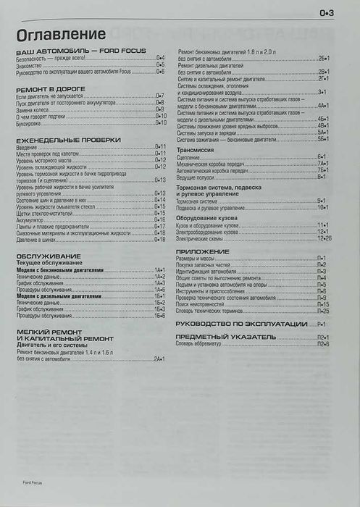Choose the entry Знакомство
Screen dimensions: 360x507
[29, 64]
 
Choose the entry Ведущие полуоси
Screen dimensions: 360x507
[195, 176]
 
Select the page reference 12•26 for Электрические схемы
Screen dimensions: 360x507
[323, 238]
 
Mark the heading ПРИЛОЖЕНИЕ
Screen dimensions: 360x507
[203, 251]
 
